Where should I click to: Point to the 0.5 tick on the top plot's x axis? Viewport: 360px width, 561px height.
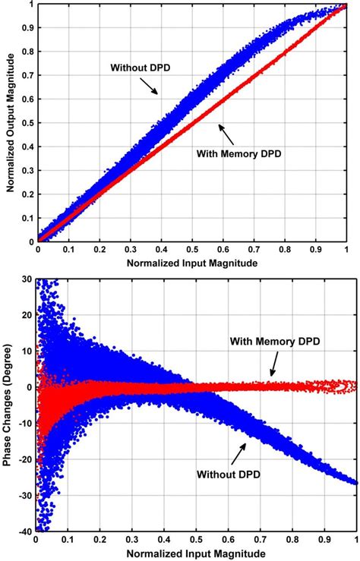point(192,249)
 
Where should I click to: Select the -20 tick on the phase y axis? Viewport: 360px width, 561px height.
point(27,458)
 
